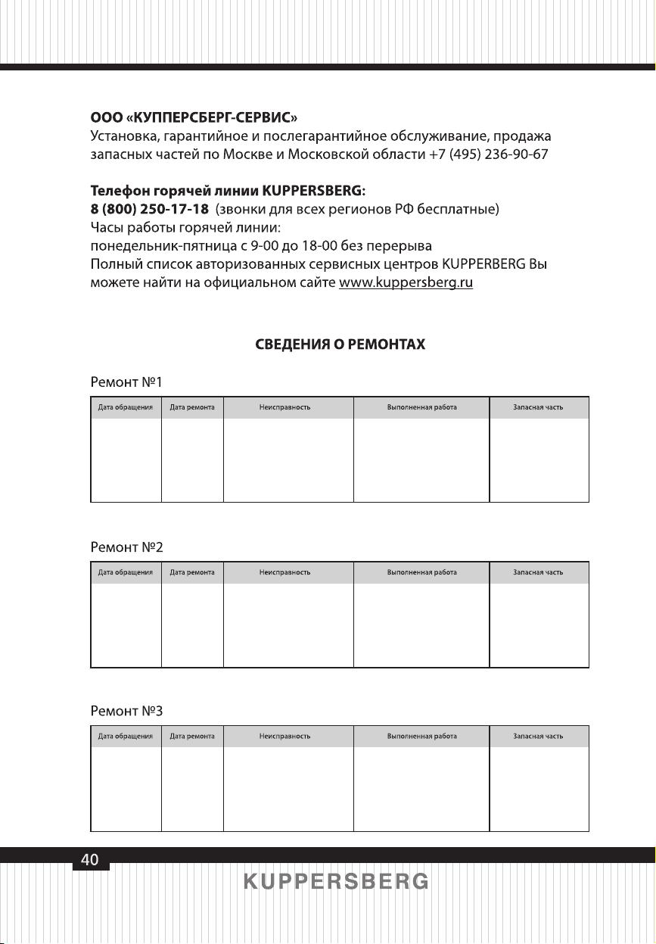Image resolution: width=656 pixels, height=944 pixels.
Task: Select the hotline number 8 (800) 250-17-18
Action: [150, 208]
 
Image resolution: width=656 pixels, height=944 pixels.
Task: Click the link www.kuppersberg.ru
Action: [406, 282]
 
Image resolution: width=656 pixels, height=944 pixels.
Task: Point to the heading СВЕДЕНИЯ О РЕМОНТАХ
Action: [340, 344]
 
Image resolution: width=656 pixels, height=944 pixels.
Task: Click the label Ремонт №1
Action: [126, 382]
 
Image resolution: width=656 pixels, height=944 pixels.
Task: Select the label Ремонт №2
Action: [126, 546]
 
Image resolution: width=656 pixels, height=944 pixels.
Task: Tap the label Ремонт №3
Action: [126, 711]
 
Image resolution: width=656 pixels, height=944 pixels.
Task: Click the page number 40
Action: [90, 859]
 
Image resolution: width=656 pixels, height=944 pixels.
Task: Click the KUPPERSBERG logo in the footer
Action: [336, 882]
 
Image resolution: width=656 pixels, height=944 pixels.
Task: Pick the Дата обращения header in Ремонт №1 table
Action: [126, 407]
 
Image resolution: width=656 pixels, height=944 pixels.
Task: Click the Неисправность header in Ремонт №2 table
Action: [284, 572]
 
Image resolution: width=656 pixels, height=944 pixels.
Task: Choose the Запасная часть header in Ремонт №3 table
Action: [538, 736]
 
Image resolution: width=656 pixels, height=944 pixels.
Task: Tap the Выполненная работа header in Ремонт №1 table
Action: [421, 407]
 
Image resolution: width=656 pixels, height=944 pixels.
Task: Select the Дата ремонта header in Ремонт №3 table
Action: [192, 736]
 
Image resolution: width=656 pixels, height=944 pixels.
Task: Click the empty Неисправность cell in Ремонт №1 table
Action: [288, 460]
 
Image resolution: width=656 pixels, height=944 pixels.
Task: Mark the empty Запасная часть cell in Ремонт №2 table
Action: [539, 625]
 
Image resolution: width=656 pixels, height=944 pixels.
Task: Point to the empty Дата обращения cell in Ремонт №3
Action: [126, 789]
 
